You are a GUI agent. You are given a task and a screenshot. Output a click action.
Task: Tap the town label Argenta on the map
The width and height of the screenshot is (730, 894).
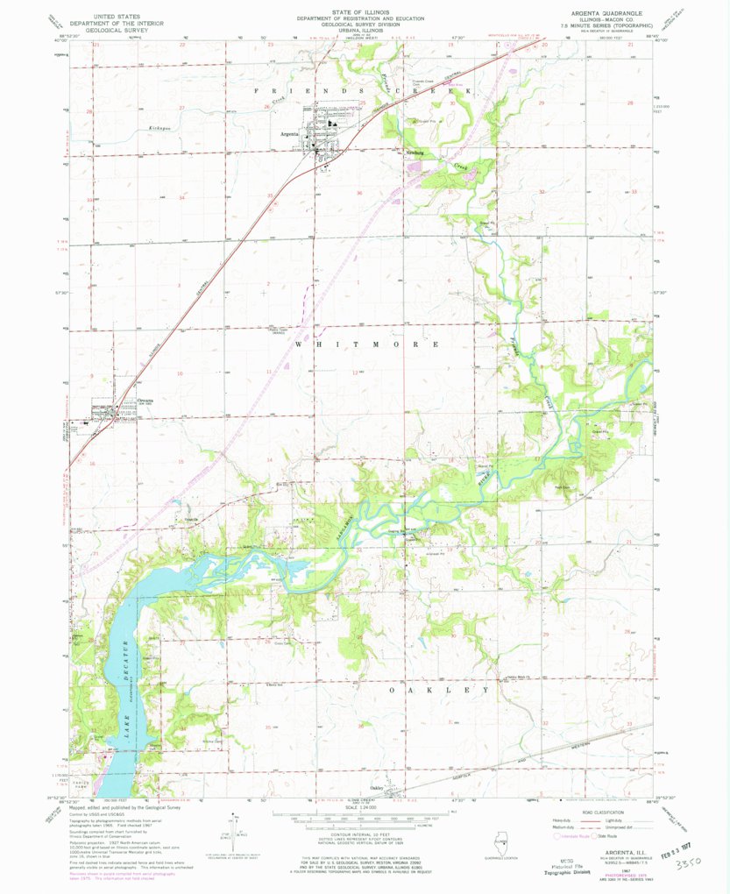pyautogui.click(x=288, y=134)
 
